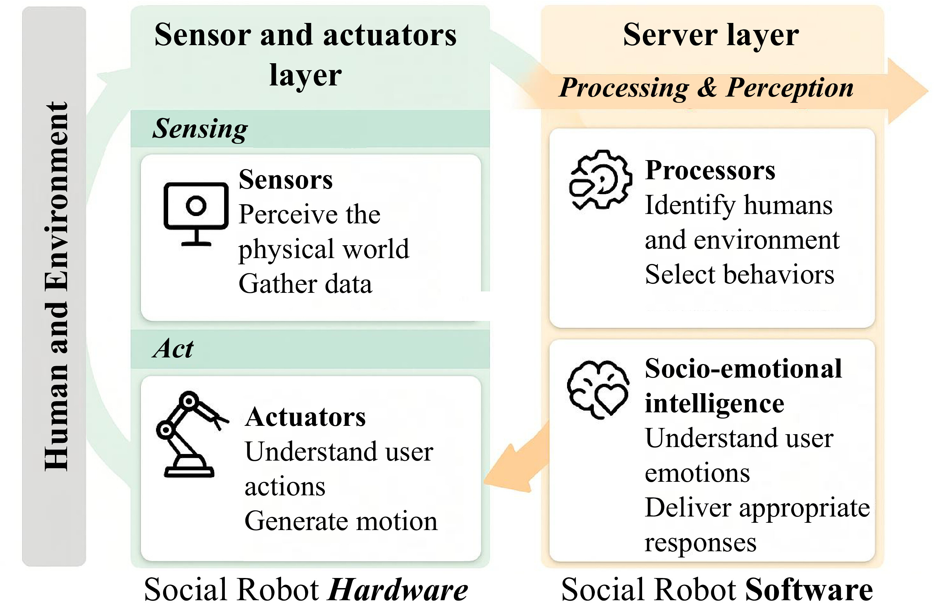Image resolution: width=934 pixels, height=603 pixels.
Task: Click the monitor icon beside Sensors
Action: tap(196, 214)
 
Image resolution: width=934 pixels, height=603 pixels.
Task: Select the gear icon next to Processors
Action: tap(600, 180)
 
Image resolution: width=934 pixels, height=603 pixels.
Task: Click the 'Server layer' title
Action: tap(711, 35)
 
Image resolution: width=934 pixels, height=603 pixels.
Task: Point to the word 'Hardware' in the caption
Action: tap(398, 589)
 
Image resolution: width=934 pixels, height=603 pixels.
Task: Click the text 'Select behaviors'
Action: tap(739, 274)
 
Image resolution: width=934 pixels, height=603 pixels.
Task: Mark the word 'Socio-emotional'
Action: tap(743, 369)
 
